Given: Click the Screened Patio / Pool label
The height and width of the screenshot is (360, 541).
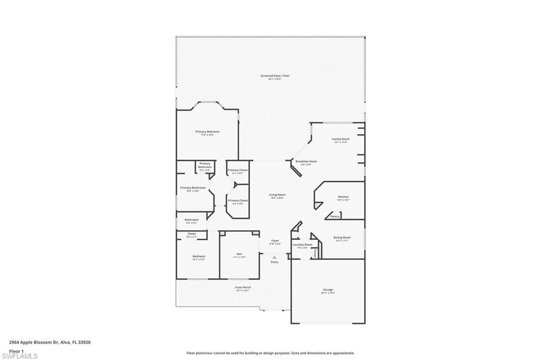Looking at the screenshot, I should coord(275,76).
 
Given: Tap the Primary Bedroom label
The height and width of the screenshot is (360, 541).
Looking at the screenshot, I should coord(207,131).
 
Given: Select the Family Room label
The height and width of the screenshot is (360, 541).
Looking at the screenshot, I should coord(341,139).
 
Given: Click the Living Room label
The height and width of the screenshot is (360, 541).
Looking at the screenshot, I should coord(277,195).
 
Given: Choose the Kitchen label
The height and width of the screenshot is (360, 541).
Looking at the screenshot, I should coord(343,197).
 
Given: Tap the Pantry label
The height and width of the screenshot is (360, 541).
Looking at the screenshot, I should coord(334,216).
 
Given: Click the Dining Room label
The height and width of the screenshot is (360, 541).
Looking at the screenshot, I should coord(342,238).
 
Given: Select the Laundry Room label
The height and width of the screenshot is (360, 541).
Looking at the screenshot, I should coord(302,244).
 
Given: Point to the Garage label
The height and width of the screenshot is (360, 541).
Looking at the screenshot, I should coord(328,289).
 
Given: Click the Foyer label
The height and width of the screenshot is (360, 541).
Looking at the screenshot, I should coord(275,241).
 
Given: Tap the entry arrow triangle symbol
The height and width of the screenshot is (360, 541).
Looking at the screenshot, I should coord(274,257).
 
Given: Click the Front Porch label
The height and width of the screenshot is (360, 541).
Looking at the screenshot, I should coord(243,287).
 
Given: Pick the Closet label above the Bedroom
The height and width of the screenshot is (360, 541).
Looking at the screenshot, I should coord(191,233).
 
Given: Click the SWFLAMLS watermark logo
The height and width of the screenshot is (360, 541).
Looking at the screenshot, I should coord(19,355).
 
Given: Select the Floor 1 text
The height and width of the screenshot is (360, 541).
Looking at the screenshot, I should coord(17,350).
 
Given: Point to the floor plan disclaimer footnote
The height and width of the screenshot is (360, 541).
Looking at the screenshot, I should coord(270,353).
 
